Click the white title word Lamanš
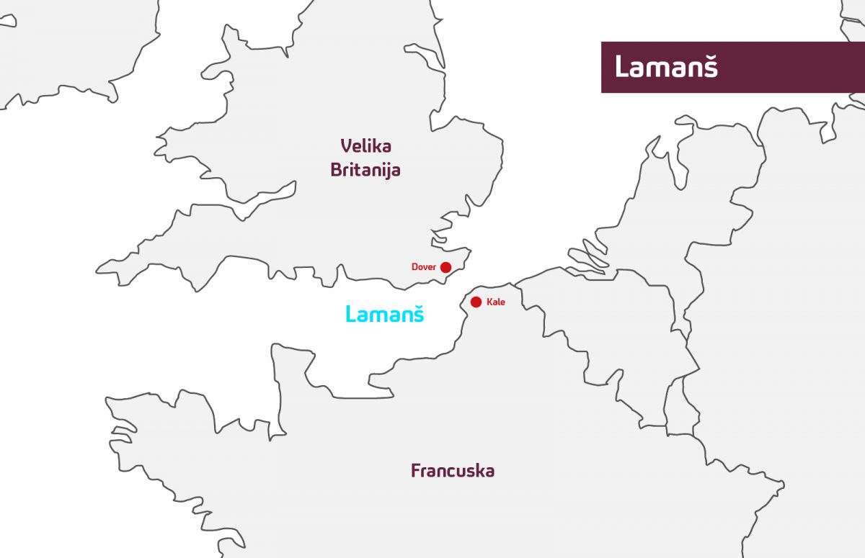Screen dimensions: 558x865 pyautogui.click(x=666, y=67)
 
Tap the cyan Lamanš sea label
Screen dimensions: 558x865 pyautogui.click(x=384, y=314)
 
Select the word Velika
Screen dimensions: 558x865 pyautogui.click(x=365, y=146)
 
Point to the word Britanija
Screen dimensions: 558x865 pyautogui.click(x=365, y=171)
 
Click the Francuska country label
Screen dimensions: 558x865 pyautogui.click(x=453, y=471)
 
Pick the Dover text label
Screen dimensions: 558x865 pyautogui.click(x=424, y=267)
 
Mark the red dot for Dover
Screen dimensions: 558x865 pyautogui.click(x=446, y=267)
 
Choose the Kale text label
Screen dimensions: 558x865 pyautogui.click(x=496, y=302)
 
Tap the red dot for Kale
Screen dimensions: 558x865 pyautogui.click(x=476, y=302)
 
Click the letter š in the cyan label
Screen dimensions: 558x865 pyautogui.click(x=417, y=314)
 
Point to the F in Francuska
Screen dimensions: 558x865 pyautogui.click(x=416, y=471)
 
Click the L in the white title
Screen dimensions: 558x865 pyautogui.click(x=621, y=67)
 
